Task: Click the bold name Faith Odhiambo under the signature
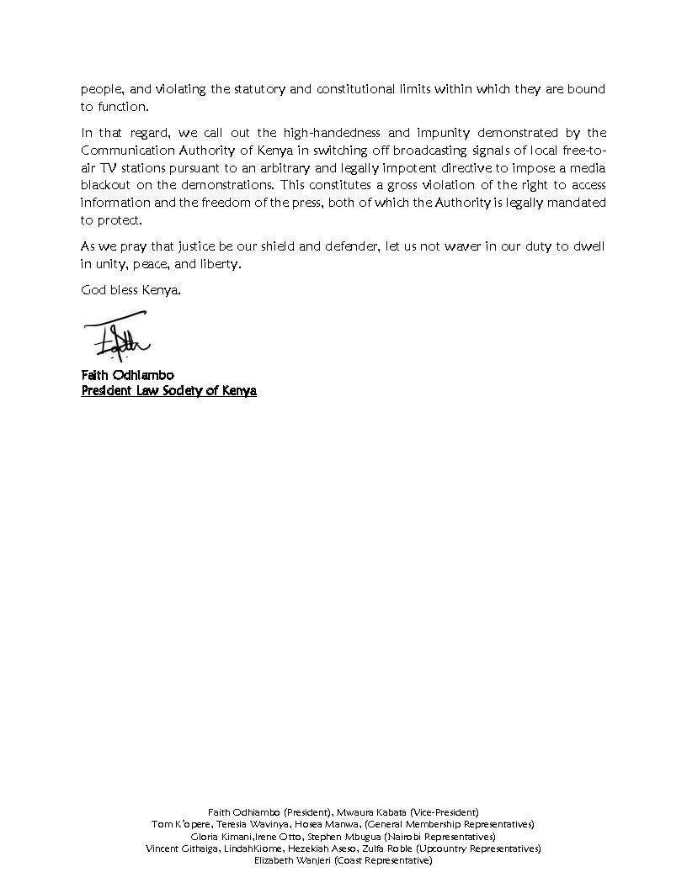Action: click(x=127, y=375)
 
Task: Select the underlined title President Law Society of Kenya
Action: click(x=168, y=391)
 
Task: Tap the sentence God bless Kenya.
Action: click(x=130, y=291)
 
